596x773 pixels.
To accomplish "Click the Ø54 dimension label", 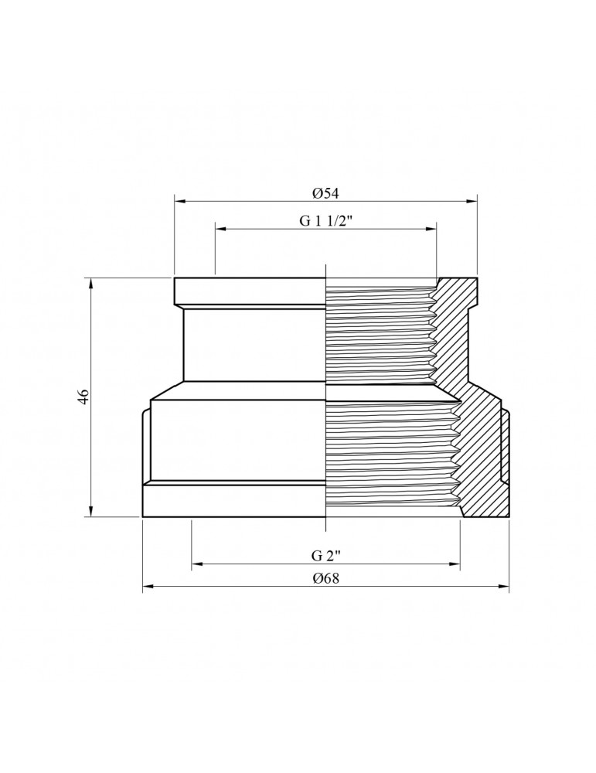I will (326, 192).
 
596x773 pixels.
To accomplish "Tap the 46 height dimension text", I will (84, 396).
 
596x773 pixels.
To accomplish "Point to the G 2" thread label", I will (326, 556).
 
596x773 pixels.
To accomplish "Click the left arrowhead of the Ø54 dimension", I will (179, 202).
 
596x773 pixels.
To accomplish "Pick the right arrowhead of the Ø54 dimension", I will (473, 202).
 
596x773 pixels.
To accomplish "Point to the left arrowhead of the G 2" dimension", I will (196, 566).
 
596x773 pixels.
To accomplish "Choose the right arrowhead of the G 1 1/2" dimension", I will (432, 230).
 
